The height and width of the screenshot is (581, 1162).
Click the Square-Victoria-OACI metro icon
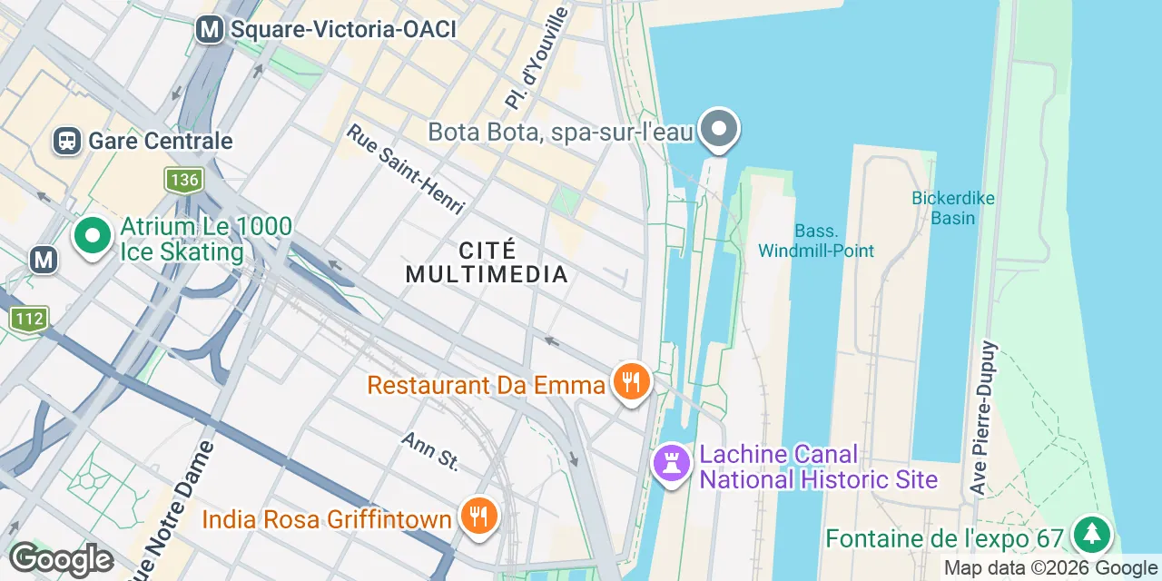(x=210, y=29)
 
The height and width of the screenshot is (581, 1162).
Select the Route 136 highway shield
(x=183, y=180)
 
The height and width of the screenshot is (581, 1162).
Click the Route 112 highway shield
(x=29, y=319)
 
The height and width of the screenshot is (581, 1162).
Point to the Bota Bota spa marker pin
(x=719, y=129)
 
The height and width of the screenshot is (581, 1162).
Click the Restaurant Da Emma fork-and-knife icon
(x=630, y=381)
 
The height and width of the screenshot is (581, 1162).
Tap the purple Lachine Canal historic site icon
(x=672, y=463)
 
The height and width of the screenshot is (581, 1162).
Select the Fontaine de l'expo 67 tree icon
(x=1091, y=535)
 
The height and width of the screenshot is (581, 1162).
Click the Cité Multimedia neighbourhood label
(x=487, y=261)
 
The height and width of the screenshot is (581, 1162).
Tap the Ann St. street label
(x=430, y=450)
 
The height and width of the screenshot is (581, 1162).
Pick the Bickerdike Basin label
(x=952, y=208)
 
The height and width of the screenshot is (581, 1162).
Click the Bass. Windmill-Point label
(x=816, y=241)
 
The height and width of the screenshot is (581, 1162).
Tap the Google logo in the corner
(x=61, y=560)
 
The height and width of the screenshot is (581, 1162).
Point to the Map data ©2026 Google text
(x=1050, y=569)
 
